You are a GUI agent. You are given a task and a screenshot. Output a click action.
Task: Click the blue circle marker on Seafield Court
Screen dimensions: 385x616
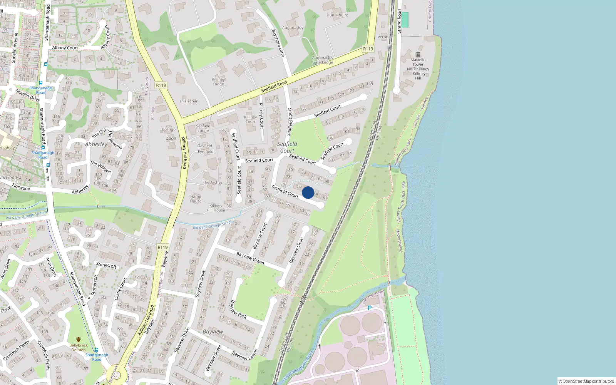[x=308, y=192]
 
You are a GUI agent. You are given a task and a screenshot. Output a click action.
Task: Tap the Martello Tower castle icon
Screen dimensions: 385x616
[x=418, y=55]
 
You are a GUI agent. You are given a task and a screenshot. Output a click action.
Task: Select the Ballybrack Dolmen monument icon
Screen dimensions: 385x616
[x=79, y=340]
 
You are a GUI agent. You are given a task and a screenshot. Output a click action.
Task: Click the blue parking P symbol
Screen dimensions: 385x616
[x=370, y=308]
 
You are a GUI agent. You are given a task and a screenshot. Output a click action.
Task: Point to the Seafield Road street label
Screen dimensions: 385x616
[x=274, y=86]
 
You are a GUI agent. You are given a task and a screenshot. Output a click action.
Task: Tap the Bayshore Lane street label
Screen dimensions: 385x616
[x=278, y=43]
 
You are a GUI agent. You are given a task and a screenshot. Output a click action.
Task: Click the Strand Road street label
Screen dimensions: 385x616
[x=399, y=21]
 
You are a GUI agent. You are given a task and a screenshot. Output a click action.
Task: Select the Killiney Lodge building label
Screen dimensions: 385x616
[x=218, y=82]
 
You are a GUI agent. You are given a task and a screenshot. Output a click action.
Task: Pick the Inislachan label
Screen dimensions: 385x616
[x=189, y=101]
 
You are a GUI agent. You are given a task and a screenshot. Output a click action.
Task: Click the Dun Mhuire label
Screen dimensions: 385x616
[x=337, y=15]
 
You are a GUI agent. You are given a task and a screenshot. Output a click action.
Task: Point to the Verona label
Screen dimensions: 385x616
[x=383, y=37]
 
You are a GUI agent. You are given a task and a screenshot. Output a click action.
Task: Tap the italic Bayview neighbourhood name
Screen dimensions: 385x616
[x=213, y=331]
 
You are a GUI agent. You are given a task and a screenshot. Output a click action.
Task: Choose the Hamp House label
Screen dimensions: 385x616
[x=196, y=199]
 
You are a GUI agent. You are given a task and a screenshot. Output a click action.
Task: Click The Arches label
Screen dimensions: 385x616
[x=213, y=182]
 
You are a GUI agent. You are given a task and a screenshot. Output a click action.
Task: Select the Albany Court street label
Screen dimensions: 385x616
[x=65, y=48]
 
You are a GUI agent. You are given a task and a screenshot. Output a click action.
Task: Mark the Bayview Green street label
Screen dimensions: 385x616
[x=250, y=258]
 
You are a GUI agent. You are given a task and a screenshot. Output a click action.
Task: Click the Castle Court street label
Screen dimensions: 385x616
[x=121, y=289]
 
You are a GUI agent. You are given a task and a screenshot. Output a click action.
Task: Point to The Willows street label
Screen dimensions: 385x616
[x=100, y=167]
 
